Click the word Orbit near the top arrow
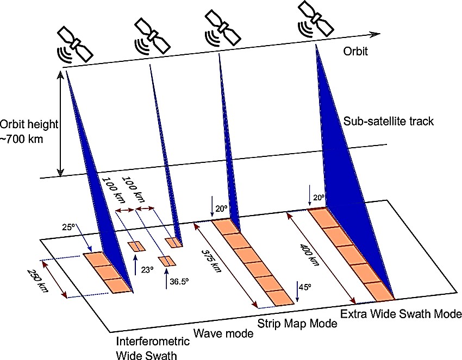tap(356, 52)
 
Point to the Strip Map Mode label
tap(297, 324)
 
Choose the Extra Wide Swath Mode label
tap(401, 314)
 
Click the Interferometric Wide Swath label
tap(153, 348)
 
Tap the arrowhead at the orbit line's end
tap(376, 34)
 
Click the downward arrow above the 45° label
tap(298, 288)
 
